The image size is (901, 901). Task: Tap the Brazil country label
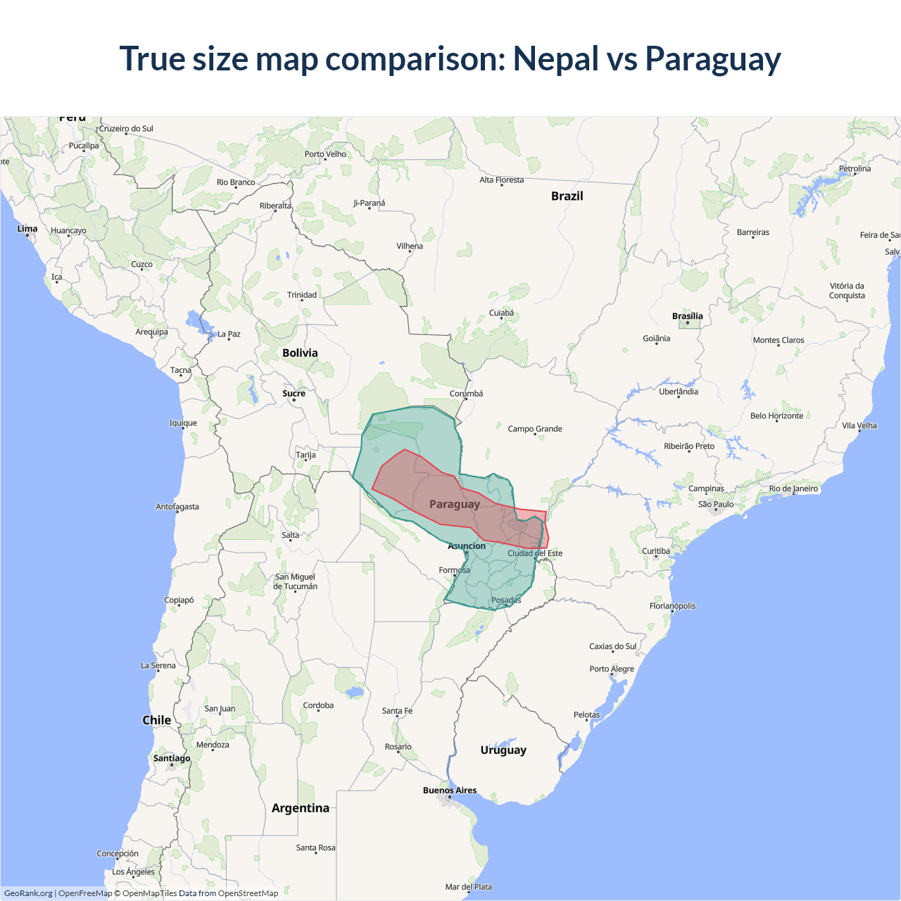pyautogui.click(x=567, y=196)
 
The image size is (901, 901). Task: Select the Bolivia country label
pyautogui.click(x=300, y=353)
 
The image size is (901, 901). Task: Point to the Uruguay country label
pyautogui.click(x=503, y=750)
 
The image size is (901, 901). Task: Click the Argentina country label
pyautogui.click(x=301, y=808)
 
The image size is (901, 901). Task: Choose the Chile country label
pyautogui.click(x=156, y=720)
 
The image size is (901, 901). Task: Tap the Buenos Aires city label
pyautogui.click(x=450, y=790)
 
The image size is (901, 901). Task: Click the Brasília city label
pyautogui.click(x=687, y=316)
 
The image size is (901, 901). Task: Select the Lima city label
pyautogui.click(x=27, y=229)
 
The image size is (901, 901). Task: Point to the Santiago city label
pyautogui.click(x=172, y=758)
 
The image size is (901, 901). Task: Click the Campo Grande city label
pyautogui.click(x=535, y=429)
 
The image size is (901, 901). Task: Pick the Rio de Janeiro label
pyautogui.click(x=793, y=489)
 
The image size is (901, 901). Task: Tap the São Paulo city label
pyautogui.click(x=716, y=504)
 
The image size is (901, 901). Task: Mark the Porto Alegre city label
pyautogui.click(x=612, y=669)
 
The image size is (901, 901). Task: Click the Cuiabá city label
pyautogui.click(x=501, y=313)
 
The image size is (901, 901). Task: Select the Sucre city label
pyautogui.click(x=294, y=393)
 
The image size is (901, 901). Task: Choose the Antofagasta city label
pyautogui.click(x=177, y=507)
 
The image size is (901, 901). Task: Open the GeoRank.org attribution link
pyautogui.click(x=28, y=893)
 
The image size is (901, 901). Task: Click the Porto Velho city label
pyautogui.click(x=325, y=154)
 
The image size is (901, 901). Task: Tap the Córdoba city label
pyautogui.click(x=318, y=705)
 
